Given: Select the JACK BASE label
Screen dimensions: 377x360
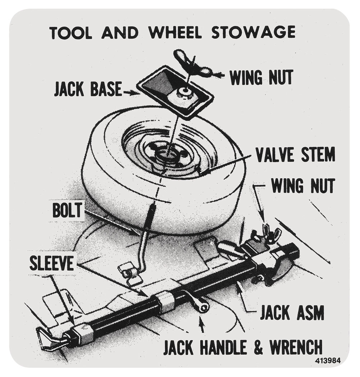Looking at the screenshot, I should coord(87,89).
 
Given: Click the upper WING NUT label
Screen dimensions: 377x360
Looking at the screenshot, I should coord(261,76).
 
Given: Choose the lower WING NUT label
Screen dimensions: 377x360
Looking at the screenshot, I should coord(303,186).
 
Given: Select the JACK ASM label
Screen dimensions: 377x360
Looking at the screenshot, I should coord(292,312).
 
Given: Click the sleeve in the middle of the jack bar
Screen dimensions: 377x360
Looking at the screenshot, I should coord(163,299).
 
